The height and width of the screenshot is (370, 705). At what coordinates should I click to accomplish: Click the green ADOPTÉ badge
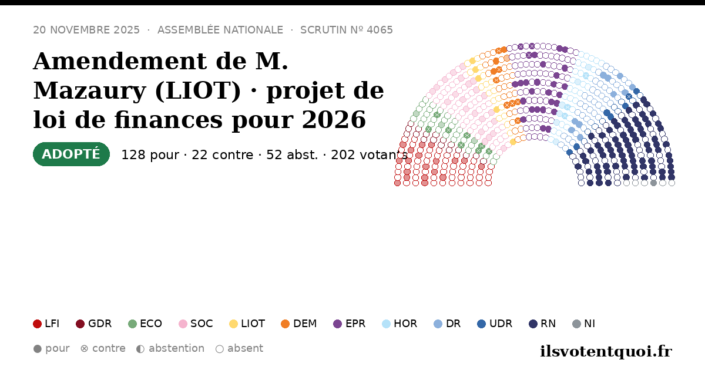pos(71,154)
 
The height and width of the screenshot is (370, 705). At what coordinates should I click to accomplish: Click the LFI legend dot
pos(37,324)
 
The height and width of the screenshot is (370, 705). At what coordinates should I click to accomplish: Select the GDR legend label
pos(100,324)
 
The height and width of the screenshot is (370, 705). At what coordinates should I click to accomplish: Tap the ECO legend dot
pos(133,324)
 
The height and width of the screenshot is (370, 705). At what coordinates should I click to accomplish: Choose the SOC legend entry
pos(196,324)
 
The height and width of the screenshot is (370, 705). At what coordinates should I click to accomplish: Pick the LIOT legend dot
pos(234,324)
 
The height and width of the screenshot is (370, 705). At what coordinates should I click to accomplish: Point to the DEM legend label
pos(305,324)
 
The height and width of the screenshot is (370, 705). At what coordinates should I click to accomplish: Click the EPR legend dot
pos(337,324)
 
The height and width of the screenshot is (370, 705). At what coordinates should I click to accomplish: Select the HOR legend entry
pos(399,324)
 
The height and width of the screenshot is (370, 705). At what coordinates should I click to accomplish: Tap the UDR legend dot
pos(482,324)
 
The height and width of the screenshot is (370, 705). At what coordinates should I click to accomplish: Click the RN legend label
pos(548,324)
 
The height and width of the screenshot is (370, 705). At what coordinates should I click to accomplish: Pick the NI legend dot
pos(576,324)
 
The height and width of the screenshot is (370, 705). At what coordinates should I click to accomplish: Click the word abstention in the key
pos(177,349)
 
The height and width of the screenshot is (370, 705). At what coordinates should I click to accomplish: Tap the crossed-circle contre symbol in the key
pos(85,349)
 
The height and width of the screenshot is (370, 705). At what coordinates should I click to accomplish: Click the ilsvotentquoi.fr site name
pos(606,351)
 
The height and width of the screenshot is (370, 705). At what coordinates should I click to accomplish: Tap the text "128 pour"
pos(150,155)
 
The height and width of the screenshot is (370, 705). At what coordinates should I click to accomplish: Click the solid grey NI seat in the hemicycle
pos(653,183)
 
